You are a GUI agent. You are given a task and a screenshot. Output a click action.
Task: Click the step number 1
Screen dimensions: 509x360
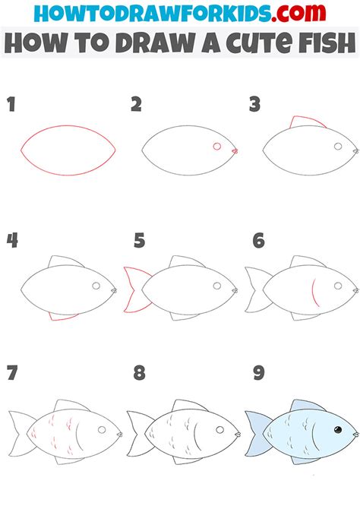coord(11,106)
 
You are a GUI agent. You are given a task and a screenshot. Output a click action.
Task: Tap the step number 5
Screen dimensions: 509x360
coord(139,242)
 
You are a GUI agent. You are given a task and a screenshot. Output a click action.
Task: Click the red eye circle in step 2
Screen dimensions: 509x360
coord(217,146)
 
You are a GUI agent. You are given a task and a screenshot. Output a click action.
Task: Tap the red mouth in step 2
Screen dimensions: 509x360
coord(235,152)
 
